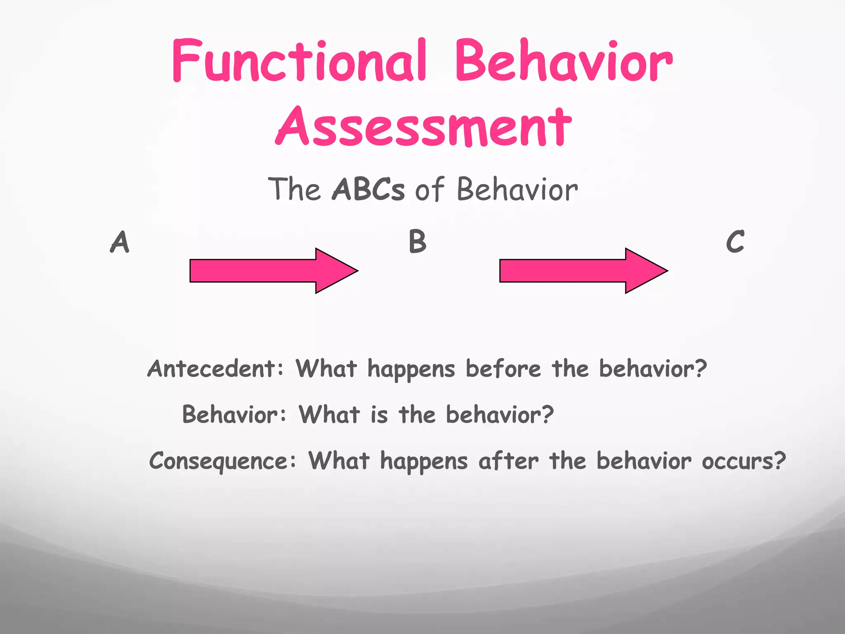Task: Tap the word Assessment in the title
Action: pyautogui.click(x=423, y=126)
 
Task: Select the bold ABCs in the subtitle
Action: pyautogui.click(x=368, y=189)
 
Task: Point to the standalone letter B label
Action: pyautogui.click(x=417, y=242)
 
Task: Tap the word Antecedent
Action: pyautogui.click(x=211, y=368)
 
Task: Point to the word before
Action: pyautogui.click(x=503, y=368)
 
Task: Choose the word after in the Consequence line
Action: pyautogui.click(x=508, y=461)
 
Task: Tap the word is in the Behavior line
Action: pyautogui.click(x=379, y=414)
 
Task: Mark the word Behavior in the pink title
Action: pyautogui.click(x=564, y=61)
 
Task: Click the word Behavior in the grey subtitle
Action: pyautogui.click(x=517, y=189)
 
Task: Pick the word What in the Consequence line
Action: pyautogui.click(x=339, y=461)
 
